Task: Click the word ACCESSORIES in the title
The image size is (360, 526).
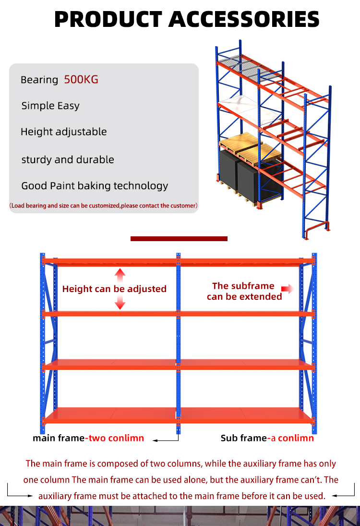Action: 244,19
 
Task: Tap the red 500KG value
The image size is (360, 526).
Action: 81,80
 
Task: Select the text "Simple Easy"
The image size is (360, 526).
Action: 50,106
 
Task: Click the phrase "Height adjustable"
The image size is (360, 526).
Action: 64,132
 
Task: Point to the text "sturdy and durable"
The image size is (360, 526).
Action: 68,159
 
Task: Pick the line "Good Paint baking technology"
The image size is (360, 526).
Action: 95,186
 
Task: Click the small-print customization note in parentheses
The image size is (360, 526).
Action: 104,206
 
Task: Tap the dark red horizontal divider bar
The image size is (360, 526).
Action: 179,239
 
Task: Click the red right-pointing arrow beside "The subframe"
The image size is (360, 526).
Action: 287,289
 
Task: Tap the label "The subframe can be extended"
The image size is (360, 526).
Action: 244,291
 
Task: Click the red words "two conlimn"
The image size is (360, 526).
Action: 116,438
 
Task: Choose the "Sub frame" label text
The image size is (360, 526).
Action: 244,438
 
